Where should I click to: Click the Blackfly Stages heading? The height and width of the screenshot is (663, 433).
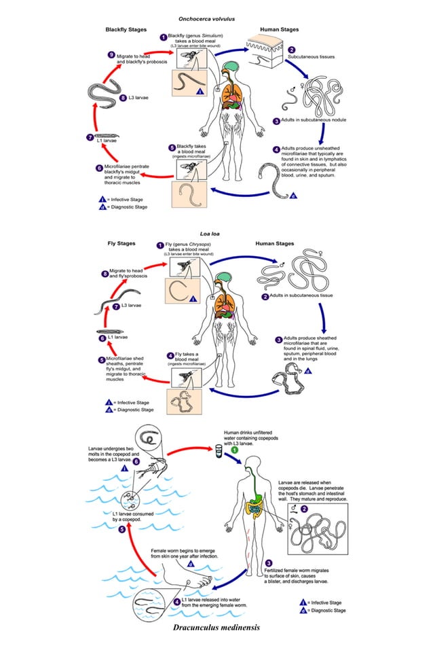click(126, 31)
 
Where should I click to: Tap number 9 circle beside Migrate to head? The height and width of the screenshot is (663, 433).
click(112, 55)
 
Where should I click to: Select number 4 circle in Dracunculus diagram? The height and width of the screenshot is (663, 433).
click(176, 602)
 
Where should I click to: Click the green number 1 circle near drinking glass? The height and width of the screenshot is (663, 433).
click(234, 450)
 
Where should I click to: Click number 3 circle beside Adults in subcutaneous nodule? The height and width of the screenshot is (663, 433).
click(276, 121)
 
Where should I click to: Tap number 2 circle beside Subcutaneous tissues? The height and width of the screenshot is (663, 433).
click(291, 50)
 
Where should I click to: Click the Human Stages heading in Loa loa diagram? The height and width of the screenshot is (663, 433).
click(274, 243)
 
